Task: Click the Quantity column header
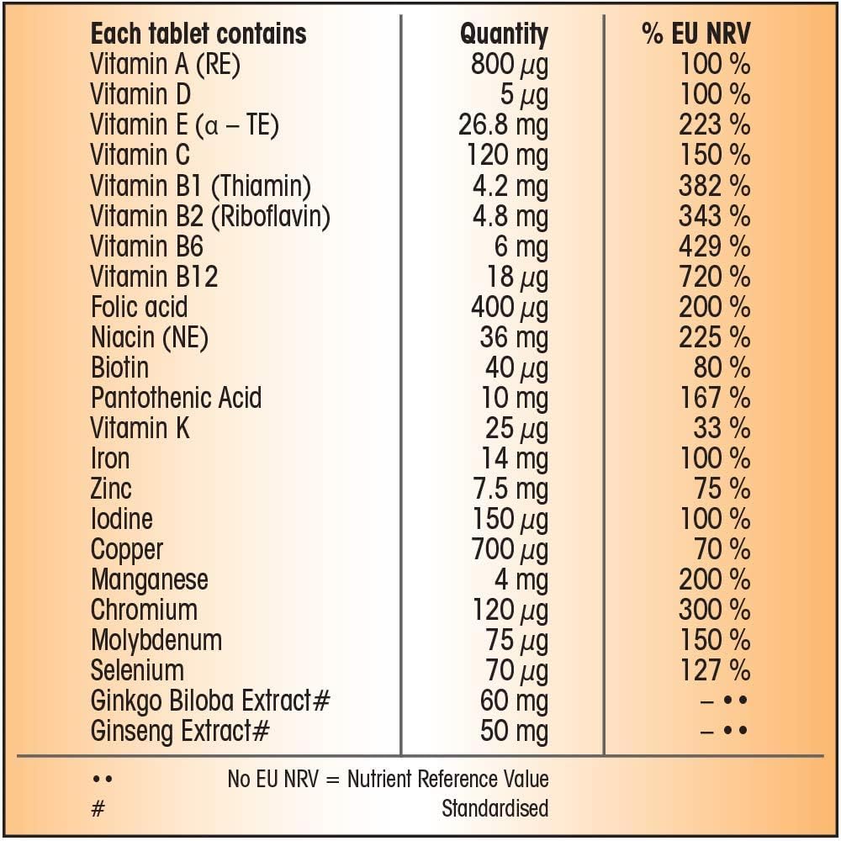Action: coord(503,34)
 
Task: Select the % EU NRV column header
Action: coord(696,34)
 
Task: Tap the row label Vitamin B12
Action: coord(154,277)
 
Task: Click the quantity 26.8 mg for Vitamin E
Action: coord(503,125)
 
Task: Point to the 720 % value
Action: coord(714,277)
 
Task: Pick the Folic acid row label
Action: coord(139,307)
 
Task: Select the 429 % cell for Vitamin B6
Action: coord(714,246)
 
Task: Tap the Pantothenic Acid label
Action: coord(176,398)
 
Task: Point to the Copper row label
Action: coord(127,549)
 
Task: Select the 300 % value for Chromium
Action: coord(714,610)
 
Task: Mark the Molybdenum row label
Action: coord(156,640)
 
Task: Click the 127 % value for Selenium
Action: coord(714,670)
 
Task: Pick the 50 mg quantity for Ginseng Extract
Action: coord(514,731)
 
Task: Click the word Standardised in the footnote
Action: coord(495,808)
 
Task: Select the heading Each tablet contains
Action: coord(198,34)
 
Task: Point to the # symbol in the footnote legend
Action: coord(98,808)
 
